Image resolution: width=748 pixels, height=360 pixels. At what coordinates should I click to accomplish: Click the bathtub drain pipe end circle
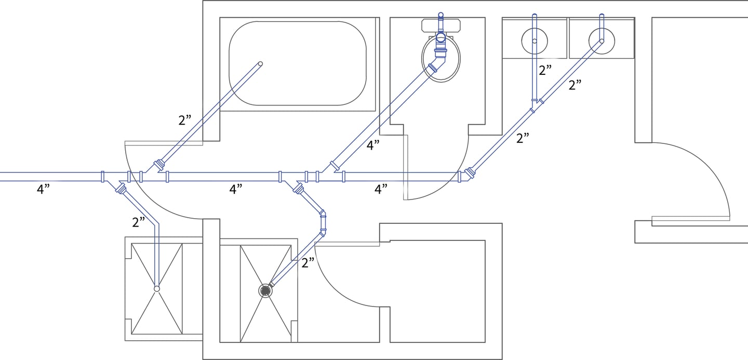[260, 64]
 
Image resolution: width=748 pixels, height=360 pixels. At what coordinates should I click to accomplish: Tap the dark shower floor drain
[265, 291]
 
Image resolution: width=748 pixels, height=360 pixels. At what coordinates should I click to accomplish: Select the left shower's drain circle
[157, 288]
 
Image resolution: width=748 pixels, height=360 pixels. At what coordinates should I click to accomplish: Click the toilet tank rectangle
[441, 25]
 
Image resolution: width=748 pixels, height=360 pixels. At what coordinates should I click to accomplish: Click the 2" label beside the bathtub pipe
[185, 120]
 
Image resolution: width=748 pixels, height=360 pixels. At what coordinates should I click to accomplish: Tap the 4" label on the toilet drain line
[373, 145]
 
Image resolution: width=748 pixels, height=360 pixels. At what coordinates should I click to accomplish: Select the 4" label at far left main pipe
[43, 189]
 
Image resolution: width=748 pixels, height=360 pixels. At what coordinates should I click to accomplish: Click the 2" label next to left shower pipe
[139, 222]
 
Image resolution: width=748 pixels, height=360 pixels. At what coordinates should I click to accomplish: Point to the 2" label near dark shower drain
[308, 263]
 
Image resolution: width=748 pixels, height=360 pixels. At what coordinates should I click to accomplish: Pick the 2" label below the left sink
[545, 70]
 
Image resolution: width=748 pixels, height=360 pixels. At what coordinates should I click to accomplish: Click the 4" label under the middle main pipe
[236, 189]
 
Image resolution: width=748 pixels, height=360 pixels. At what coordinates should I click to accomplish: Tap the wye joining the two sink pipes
[535, 105]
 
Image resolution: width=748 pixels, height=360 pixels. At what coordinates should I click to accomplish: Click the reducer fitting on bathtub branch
[159, 165]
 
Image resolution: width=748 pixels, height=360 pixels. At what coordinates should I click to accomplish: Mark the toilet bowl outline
[422, 58]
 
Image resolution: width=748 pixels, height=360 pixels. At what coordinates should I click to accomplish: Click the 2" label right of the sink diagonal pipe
[575, 85]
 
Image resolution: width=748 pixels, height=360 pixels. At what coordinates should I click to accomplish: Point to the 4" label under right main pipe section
[381, 189]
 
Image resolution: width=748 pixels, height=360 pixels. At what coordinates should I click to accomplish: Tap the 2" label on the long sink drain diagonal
[523, 138]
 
